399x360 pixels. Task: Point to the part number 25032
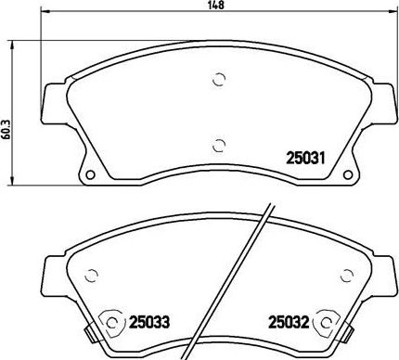[288, 322]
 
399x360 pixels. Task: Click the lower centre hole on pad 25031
[219, 144]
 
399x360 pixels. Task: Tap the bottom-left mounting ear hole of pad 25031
[89, 178]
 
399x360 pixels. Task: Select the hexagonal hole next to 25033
[113, 322]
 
